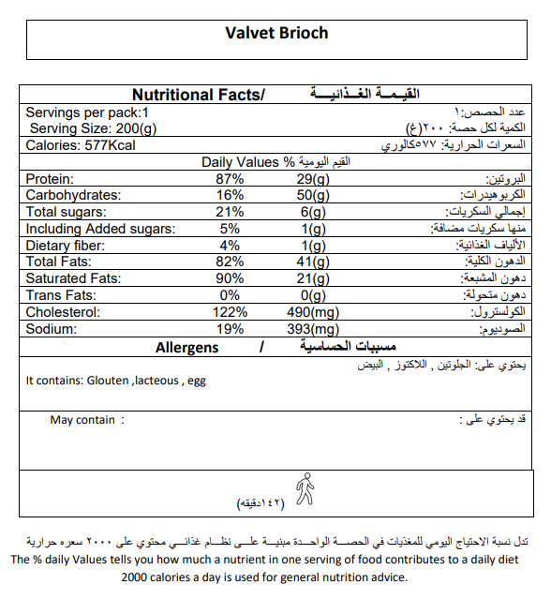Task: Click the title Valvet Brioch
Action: tap(276, 33)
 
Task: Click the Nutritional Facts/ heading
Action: tap(199, 95)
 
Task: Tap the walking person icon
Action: tap(304, 488)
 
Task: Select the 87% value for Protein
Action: tap(230, 179)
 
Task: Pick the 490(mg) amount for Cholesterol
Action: tap(312, 313)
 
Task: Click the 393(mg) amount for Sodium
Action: tap(312, 330)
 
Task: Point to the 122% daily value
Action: tap(230, 313)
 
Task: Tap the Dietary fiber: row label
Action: tap(67, 246)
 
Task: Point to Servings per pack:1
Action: tap(87, 112)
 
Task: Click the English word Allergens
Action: tap(186, 348)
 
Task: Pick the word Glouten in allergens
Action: tap(108, 382)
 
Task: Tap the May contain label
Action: tap(82, 420)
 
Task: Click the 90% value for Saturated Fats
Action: tap(230, 279)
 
